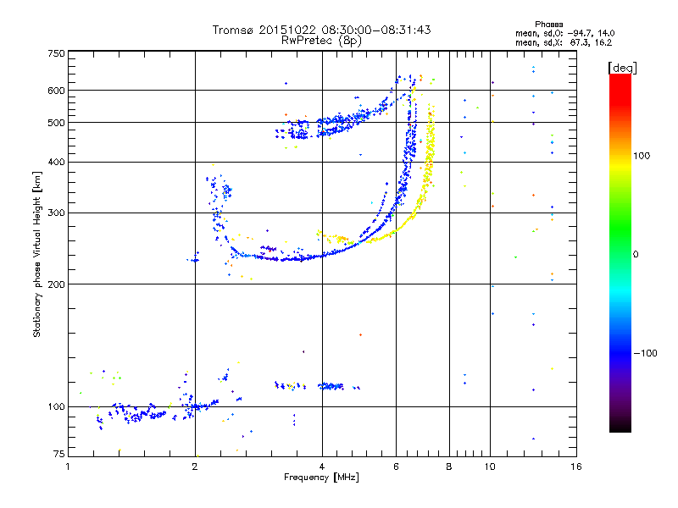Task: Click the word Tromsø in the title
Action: click(x=234, y=30)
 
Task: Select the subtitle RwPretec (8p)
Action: click(x=321, y=41)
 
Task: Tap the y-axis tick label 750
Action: click(x=57, y=53)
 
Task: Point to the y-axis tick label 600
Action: click(x=57, y=91)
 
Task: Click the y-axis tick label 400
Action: click(x=57, y=162)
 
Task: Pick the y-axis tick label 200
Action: click(x=57, y=284)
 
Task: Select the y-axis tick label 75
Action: click(x=59, y=454)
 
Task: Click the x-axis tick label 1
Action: click(x=68, y=467)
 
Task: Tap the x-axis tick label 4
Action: click(x=322, y=467)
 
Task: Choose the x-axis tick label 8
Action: click(x=449, y=467)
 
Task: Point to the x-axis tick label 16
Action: click(x=576, y=467)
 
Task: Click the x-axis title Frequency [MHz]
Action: click(x=322, y=478)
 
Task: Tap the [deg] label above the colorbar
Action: click(x=622, y=68)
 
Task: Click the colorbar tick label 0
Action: click(x=636, y=255)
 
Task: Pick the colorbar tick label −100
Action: click(x=645, y=353)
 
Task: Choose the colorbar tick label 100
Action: click(x=642, y=156)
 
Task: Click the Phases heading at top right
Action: click(x=548, y=25)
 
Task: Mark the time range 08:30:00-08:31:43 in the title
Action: click(x=376, y=30)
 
